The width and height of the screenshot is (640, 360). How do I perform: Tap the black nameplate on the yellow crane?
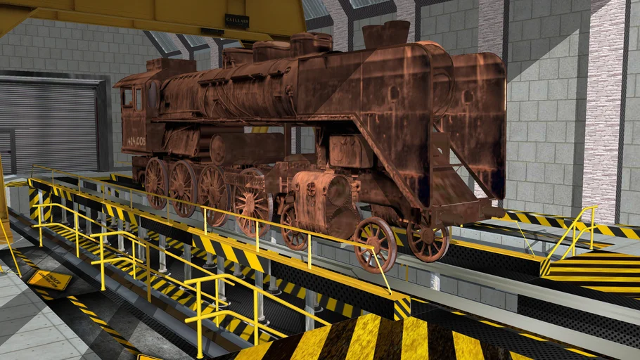236,20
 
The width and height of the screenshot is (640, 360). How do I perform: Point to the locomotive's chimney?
386,34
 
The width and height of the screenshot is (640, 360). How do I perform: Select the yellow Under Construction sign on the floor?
49,279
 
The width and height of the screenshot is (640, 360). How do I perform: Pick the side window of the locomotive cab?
127,98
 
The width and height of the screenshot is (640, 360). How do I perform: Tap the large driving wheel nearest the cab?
156,182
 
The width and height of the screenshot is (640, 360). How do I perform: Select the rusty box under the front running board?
350,150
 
